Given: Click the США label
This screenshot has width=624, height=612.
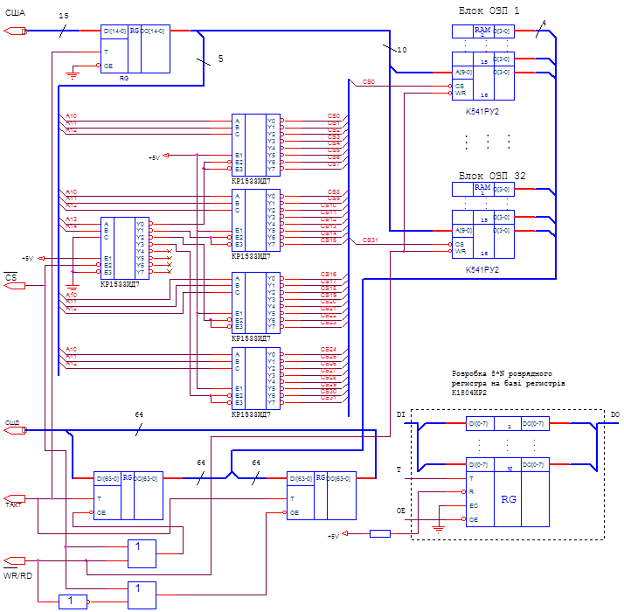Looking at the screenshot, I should tap(16, 10).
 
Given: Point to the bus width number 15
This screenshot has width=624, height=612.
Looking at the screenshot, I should tap(63, 16).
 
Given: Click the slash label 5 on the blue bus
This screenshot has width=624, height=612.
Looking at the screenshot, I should tap(220, 58).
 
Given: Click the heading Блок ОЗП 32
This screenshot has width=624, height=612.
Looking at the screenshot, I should tap(492, 175).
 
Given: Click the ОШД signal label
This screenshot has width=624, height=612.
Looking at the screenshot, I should tap(13, 421).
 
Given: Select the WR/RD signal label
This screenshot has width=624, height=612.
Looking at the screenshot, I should tap(17, 574).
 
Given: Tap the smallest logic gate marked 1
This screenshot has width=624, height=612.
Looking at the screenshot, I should tap(73, 601).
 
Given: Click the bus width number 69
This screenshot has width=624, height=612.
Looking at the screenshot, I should tap(256, 462).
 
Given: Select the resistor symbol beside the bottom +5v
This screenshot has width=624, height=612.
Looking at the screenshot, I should tap(380, 532).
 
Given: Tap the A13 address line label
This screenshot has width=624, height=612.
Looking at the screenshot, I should tap(72, 218).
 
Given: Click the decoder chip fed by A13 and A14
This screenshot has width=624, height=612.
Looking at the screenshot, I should tap(125, 247).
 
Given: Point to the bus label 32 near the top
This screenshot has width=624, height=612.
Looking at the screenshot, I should tap(401, 50).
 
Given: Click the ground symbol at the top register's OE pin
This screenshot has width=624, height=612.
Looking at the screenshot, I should tap(73, 73).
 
